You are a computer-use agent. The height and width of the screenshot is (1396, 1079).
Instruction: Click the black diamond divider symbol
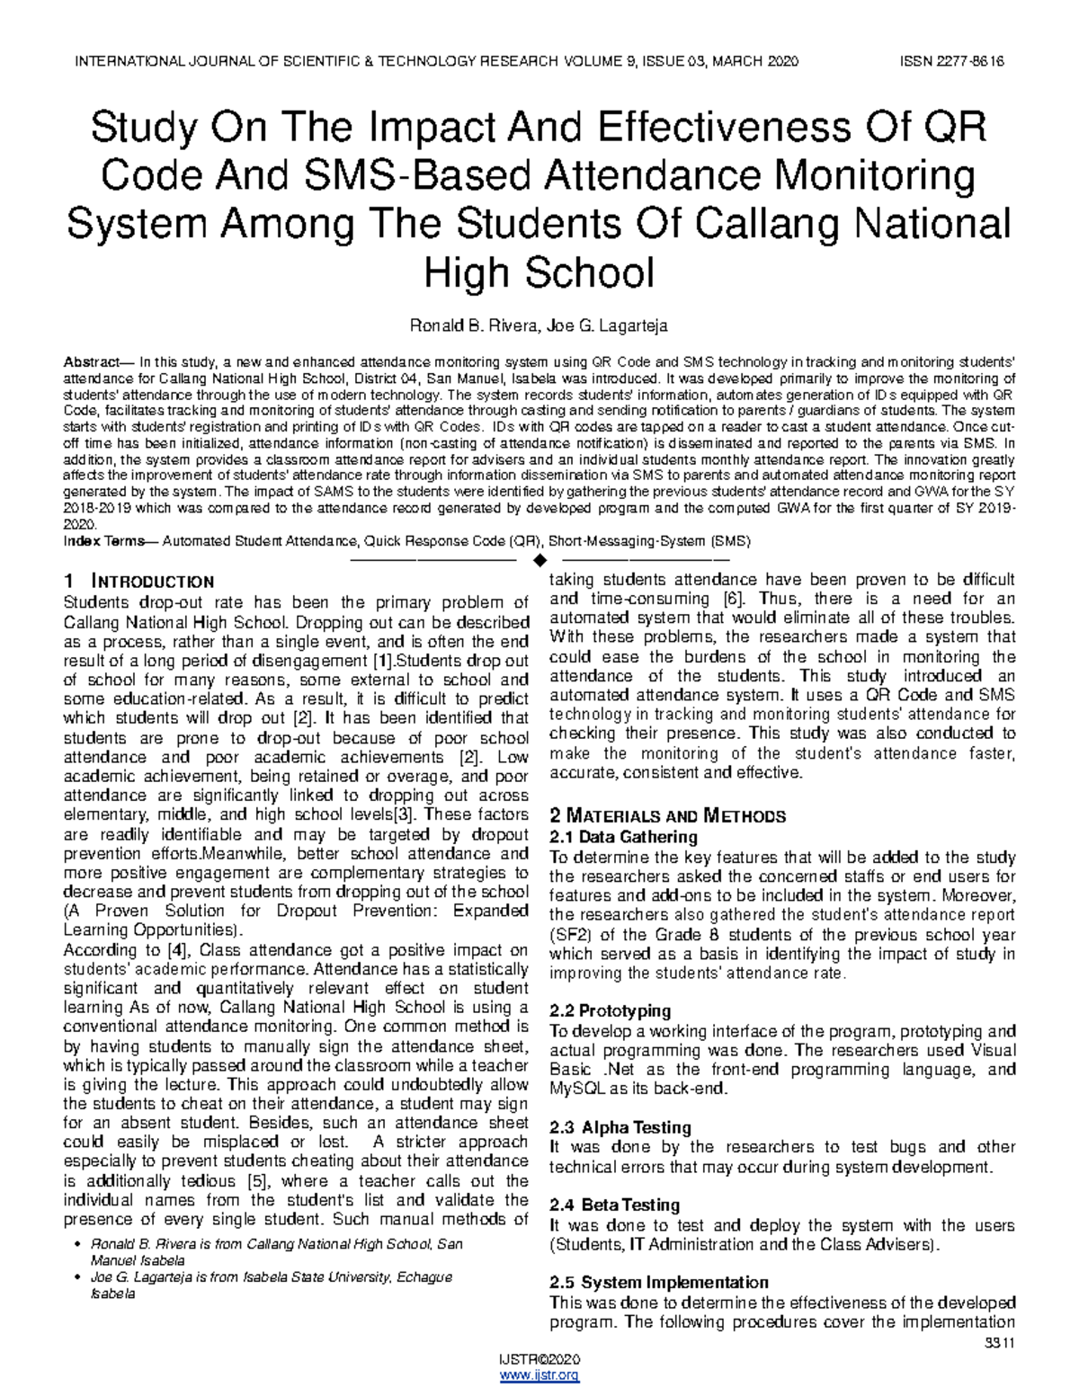(539, 562)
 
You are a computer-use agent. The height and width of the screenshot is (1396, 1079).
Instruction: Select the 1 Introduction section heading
(138, 582)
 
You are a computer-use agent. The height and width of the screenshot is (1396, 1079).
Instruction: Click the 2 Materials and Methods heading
(666, 816)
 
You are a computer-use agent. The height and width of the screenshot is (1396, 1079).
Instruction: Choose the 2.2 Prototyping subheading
(610, 1011)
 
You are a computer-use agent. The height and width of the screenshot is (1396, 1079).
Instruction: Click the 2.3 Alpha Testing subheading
(620, 1127)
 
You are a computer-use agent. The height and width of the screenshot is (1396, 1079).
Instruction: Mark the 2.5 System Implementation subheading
(658, 1282)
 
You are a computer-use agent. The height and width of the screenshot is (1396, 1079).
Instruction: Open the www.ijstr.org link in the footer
(539, 1375)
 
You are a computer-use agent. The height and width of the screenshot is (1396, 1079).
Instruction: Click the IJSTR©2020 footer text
(539, 1359)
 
